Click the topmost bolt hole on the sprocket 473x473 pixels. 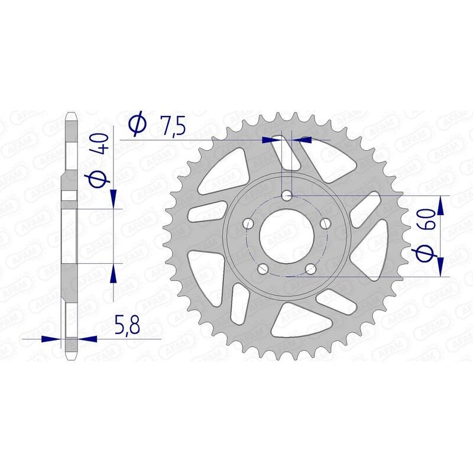[288, 195]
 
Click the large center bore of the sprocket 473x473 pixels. [287, 237]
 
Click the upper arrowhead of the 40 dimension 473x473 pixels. [113, 197]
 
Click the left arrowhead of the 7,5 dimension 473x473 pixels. [272, 140]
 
